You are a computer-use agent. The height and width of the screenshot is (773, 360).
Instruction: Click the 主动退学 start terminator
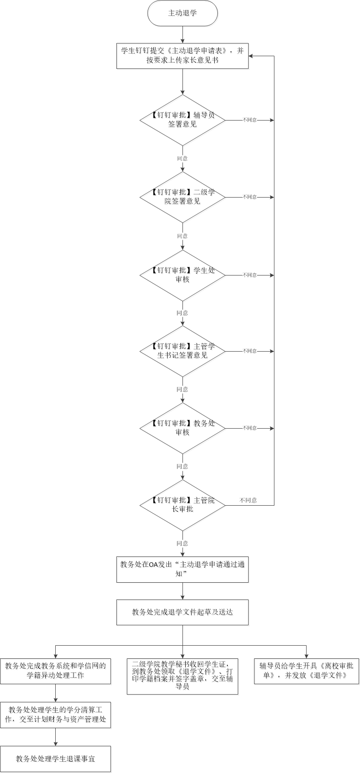tap(182, 13)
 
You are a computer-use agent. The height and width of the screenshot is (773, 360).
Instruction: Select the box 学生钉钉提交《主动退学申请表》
tap(182, 56)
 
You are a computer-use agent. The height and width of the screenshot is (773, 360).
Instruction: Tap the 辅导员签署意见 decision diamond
tap(182, 120)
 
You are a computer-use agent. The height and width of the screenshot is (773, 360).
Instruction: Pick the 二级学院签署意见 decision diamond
tap(182, 197)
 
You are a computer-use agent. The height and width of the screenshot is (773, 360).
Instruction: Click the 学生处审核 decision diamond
tap(182, 275)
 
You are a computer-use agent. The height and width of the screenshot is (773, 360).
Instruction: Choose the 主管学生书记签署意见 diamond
tap(182, 351)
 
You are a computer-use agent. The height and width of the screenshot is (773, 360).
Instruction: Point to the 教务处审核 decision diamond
tap(182, 428)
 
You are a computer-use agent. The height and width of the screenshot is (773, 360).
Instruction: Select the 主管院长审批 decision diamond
tap(182, 505)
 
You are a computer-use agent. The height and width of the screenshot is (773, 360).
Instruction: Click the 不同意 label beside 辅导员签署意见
tap(249, 120)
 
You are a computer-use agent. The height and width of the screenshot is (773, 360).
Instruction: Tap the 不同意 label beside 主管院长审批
tap(248, 500)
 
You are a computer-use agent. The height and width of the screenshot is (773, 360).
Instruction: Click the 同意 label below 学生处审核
tap(182, 313)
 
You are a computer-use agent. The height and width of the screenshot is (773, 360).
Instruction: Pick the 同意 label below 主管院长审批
tap(182, 543)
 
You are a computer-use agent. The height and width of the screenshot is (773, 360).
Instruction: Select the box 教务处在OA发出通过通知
tap(182, 569)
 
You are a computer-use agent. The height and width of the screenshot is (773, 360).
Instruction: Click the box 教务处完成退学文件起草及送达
tap(182, 612)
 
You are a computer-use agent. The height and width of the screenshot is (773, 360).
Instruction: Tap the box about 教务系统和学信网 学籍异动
tap(55, 671)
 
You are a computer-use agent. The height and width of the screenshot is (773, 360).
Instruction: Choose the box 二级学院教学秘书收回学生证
tap(182, 676)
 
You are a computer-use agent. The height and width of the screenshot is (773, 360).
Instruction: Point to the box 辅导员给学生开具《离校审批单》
tap(306, 671)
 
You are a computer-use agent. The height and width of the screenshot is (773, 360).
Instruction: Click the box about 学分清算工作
tap(55, 715)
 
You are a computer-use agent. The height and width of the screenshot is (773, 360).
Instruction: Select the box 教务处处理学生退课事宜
tap(55, 759)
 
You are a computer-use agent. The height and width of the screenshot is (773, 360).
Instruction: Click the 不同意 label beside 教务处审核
tap(249, 428)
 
